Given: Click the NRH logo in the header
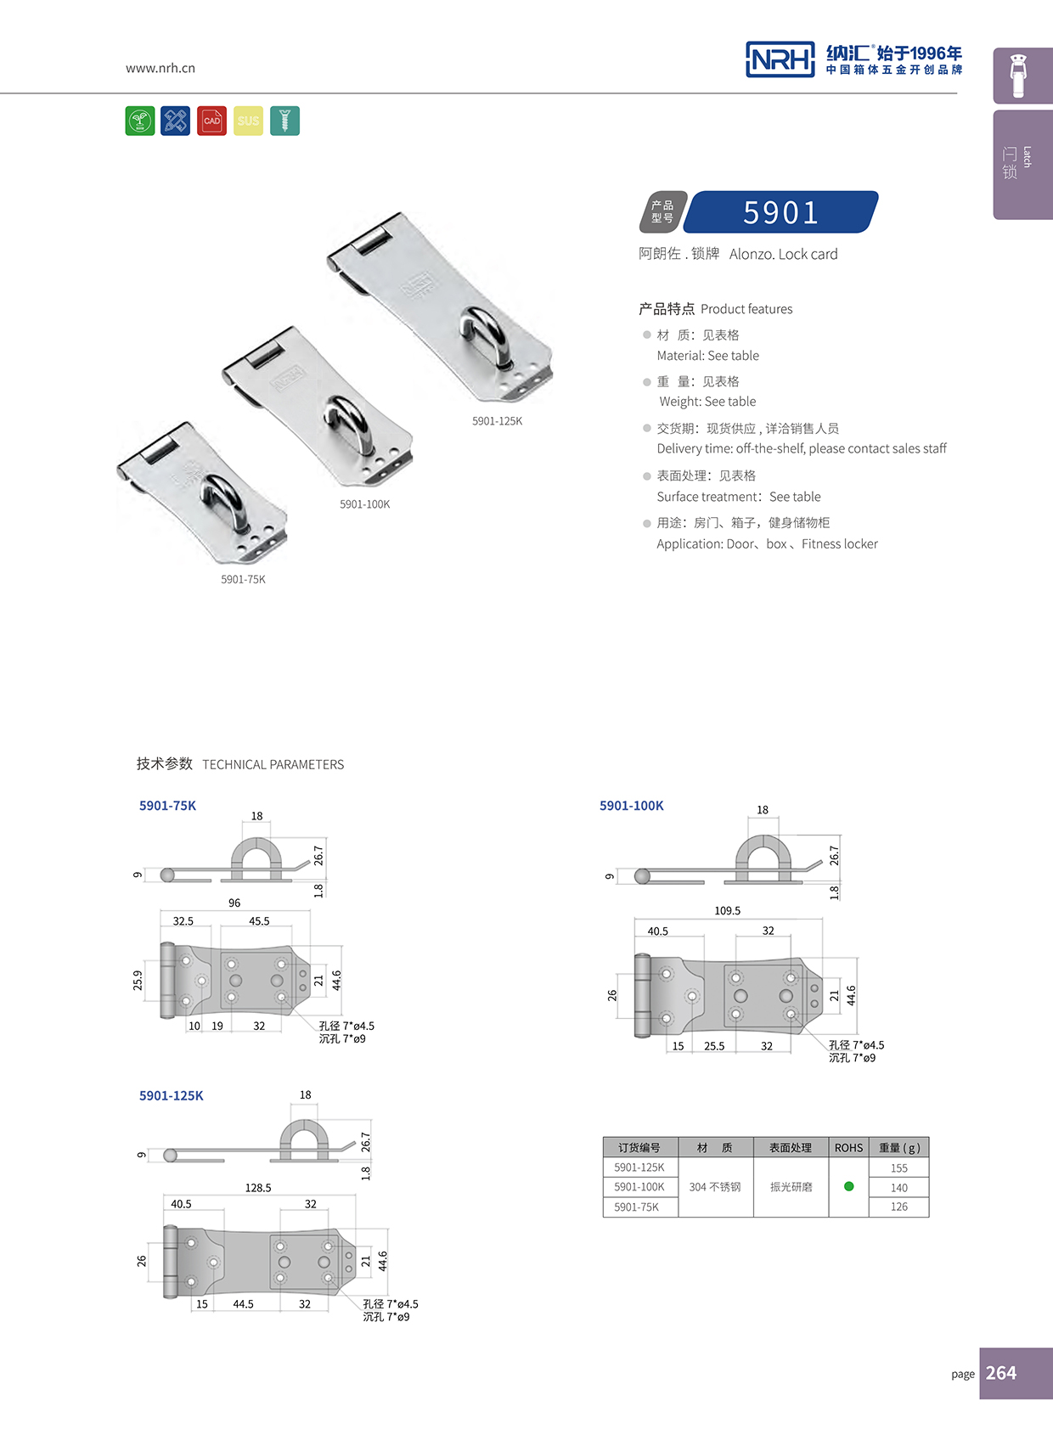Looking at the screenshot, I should coord(780,59).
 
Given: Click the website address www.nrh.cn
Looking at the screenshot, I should coord(160,68).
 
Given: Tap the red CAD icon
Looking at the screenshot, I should coord(211,121).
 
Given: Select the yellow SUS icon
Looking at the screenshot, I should coord(248,121).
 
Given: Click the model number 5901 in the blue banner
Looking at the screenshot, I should coord(780,212).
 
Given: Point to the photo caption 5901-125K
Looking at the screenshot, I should coord(497,421).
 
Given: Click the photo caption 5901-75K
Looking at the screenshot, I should coord(243,579).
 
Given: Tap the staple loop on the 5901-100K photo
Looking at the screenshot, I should coord(348,421).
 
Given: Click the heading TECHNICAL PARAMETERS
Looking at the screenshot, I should coord(273,764).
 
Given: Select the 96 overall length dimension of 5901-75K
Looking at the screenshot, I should coord(234,903).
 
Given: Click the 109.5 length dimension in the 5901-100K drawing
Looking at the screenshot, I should coord(727,910).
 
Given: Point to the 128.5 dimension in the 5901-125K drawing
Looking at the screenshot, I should coord(258,1188).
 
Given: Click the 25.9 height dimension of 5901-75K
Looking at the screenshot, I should coord(138,981).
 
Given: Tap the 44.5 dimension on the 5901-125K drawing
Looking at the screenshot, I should coord(243,1304).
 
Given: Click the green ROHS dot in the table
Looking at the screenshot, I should coord(848,1186).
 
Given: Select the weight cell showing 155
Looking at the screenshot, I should coord(898,1168).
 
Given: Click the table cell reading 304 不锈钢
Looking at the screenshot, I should coord(715,1187).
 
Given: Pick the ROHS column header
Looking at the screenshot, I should coord(848,1148).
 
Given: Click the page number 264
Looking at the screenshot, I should coord(1001,1373).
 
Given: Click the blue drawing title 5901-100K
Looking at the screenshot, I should coord(631,806).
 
